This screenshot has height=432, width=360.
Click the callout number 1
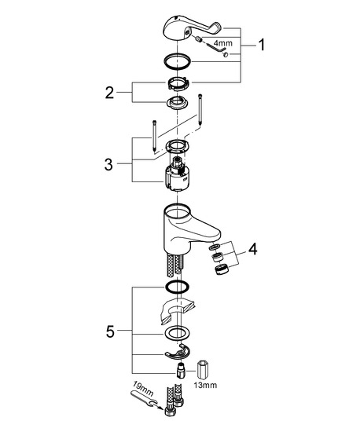262,45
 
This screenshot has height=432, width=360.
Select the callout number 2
109,93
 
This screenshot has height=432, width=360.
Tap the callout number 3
108,164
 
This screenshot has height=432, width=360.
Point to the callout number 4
253,249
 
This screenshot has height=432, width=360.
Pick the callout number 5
110,331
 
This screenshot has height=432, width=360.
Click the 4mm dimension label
223,43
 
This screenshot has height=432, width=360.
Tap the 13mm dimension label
205,385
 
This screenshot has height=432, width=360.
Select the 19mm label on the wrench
143,389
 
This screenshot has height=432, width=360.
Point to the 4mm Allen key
218,47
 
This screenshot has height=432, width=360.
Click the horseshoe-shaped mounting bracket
178,353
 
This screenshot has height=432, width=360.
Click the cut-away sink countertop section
176,310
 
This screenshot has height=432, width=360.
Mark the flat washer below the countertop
177,333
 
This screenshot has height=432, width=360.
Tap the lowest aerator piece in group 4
221,269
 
